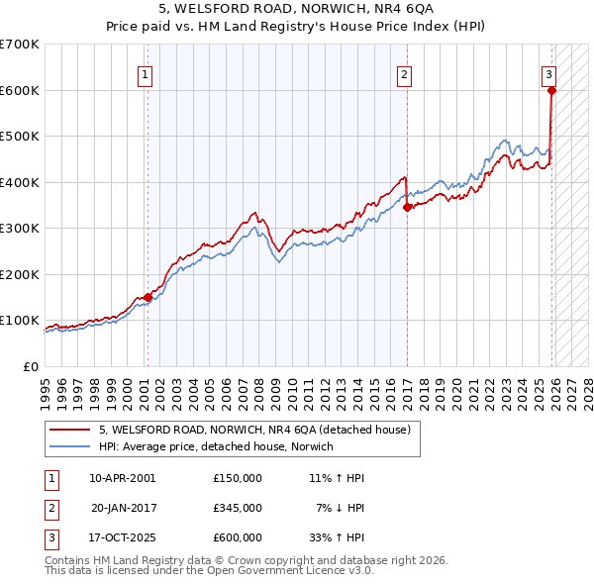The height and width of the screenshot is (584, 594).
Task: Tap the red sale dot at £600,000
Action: tap(551, 90)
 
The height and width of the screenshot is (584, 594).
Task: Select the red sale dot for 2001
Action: tap(148, 297)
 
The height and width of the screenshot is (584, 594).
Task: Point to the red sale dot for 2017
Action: tap(408, 208)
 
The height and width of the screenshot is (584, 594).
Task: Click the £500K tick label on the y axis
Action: tap(20, 136)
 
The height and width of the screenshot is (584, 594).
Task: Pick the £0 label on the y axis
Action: tap(31, 366)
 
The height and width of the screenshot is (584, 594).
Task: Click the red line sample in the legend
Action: tap(66, 430)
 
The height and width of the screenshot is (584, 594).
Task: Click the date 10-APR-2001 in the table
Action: tap(123, 477)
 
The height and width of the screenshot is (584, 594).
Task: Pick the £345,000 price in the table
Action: tap(237, 507)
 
